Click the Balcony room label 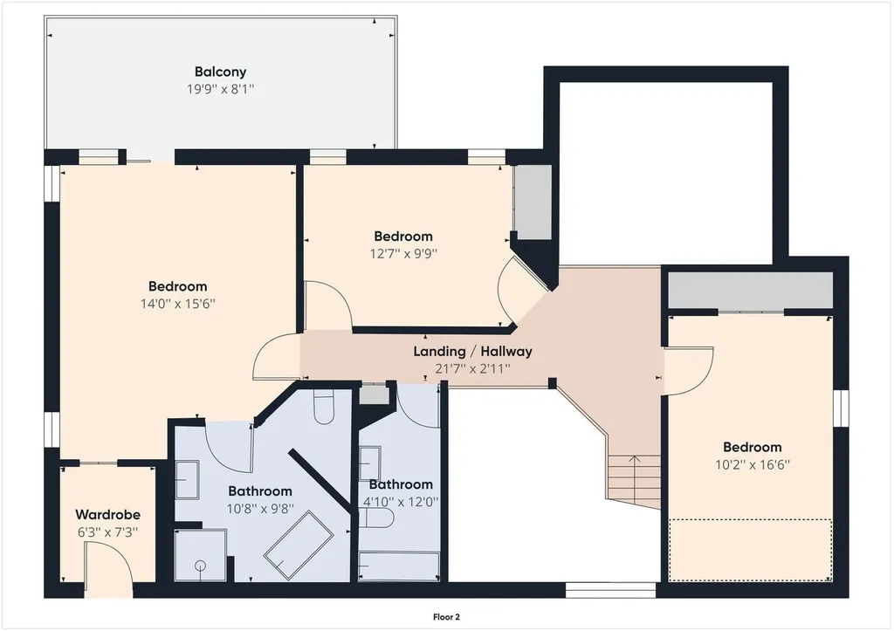pyautogui.click(x=220, y=72)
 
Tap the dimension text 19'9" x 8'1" pyautogui.click(x=220, y=89)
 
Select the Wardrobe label pyautogui.click(x=107, y=515)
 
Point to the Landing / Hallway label pyautogui.click(x=472, y=351)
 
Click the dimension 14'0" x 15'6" pyautogui.click(x=178, y=303)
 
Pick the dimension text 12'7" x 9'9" pyautogui.click(x=403, y=253)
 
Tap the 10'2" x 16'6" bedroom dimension pyautogui.click(x=752, y=464)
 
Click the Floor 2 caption pyautogui.click(x=446, y=617)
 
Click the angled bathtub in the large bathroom pyautogui.click(x=299, y=538)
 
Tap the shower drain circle pyautogui.click(x=200, y=566)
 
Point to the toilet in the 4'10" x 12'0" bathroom pyautogui.click(x=376, y=518)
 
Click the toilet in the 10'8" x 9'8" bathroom pyautogui.click(x=323, y=407)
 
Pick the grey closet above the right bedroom pyautogui.click(x=750, y=290)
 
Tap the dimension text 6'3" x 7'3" pyautogui.click(x=107, y=532)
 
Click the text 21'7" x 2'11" pyautogui.click(x=472, y=369)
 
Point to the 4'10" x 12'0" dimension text pyautogui.click(x=401, y=502)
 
